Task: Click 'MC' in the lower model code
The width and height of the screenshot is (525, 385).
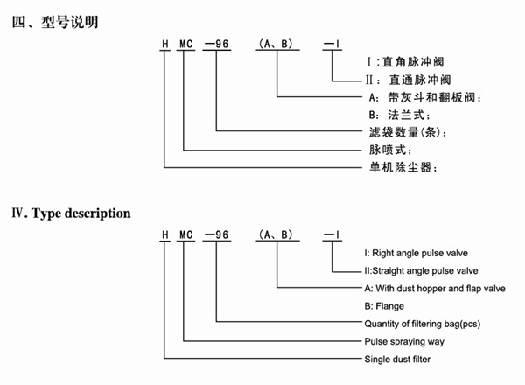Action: pyautogui.click(x=185, y=235)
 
